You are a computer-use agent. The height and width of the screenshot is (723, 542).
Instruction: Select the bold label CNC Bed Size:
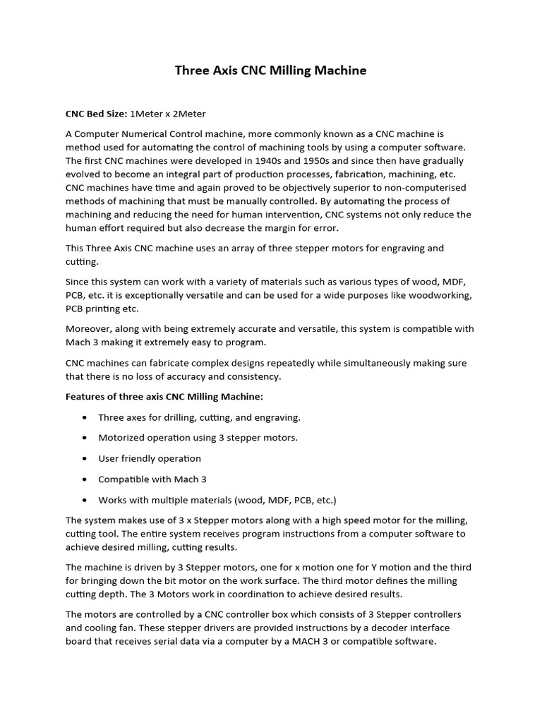97,113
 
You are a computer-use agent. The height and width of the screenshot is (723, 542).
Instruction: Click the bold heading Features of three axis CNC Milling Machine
164,397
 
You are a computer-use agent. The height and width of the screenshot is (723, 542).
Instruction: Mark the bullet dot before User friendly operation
85,459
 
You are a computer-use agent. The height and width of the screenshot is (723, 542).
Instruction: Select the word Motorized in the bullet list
122,438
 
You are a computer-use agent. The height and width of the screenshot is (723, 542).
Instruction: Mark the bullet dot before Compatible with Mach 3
85,479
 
